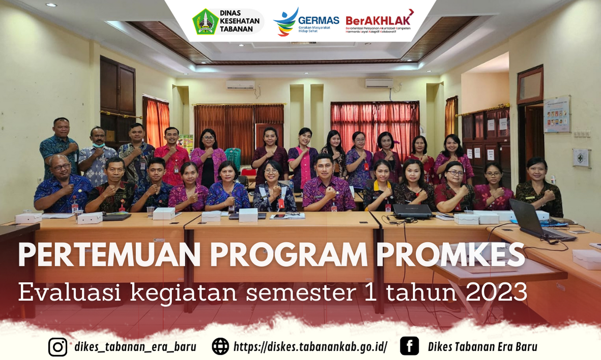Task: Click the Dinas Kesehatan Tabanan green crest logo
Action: pos(205,21)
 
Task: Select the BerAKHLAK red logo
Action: pos(379,20)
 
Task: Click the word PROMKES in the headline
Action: pos(450,255)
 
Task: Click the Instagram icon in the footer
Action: pos(58,347)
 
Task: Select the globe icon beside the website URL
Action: pos(220,347)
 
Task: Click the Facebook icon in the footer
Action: pos(409,346)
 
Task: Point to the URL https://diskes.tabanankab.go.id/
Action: pos(310,347)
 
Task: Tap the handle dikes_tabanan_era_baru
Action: pos(135,347)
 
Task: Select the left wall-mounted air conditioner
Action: pos(240,85)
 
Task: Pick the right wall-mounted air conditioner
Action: pos(379,83)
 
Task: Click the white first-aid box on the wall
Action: pos(581,158)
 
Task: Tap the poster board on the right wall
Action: pos(557,114)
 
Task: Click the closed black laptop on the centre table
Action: pos(412,211)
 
